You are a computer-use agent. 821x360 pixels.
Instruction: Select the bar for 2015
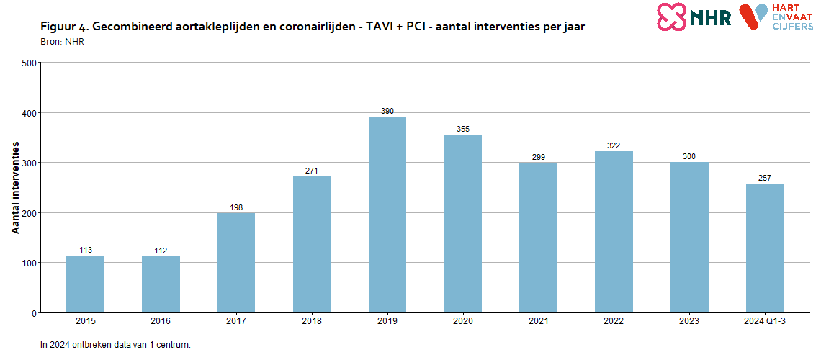point(85,284)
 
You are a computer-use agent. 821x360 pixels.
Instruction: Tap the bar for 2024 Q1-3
point(765,248)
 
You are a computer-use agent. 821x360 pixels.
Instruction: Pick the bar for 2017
point(236,262)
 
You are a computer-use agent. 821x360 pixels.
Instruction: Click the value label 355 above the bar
point(463,130)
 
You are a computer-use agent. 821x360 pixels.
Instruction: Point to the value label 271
point(312,171)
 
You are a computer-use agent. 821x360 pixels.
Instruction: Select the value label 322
point(614,146)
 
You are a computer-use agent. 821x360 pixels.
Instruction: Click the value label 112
point(161,251)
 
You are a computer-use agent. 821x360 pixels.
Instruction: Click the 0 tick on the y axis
point(33,313)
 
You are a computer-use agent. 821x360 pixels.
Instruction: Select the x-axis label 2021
point(538,321)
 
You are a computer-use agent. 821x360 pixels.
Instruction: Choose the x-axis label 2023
point(689,321)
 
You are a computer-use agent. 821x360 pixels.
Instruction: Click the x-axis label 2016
point(161,321)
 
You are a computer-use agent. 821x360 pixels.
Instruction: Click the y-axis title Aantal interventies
point(16,187)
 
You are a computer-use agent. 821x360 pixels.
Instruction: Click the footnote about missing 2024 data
point(115,345)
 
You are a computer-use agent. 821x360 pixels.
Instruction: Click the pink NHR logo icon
point(671,17)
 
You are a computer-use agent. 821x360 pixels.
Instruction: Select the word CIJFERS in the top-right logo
point(792,25)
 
